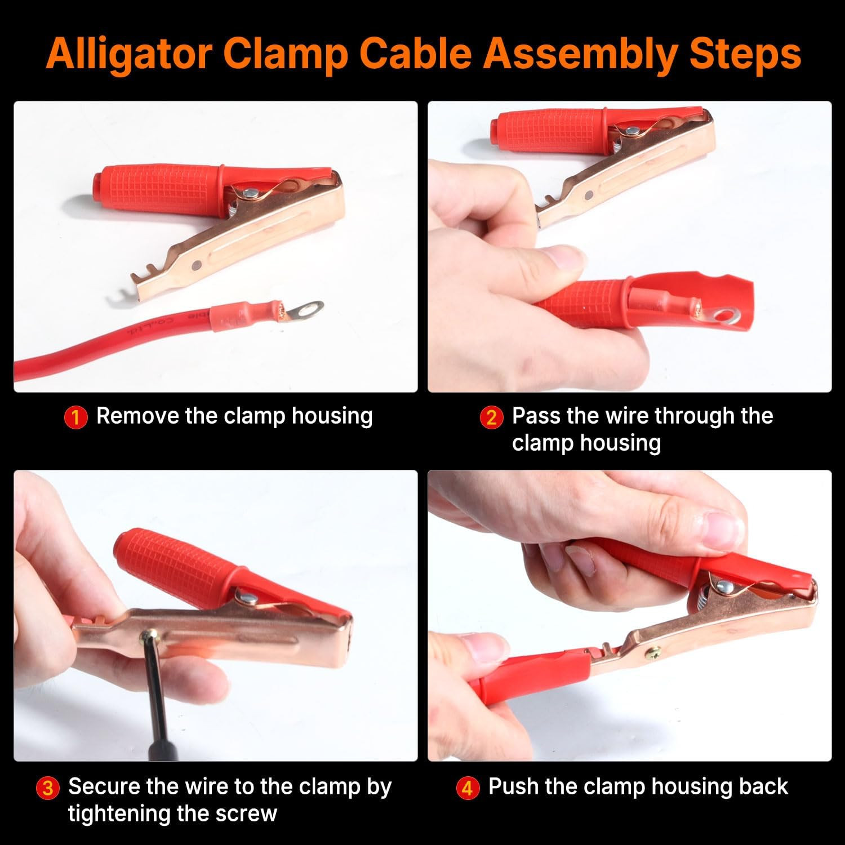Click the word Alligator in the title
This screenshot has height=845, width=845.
[x=128, y=54]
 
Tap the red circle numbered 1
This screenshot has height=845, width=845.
[x=76, y=417]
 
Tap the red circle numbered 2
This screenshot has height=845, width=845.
[x=491, y=417]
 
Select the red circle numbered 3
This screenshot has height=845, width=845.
[x=48, y=788]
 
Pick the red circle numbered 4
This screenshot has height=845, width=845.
[x=467, y=788]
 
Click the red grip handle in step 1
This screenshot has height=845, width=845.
[x=158, y=189]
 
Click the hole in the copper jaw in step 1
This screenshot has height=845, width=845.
[x=195, y=264]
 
